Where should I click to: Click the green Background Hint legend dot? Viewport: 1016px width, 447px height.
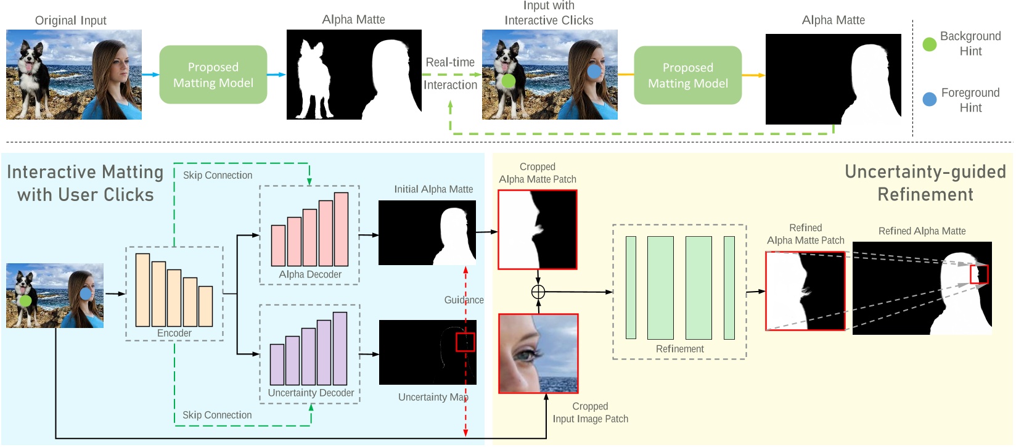929,44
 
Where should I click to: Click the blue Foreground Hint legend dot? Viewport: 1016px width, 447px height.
929,99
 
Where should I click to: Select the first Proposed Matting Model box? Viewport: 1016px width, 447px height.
213,75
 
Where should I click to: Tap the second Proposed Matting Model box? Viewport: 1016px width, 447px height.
687,75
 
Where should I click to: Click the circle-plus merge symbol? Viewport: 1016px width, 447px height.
538,292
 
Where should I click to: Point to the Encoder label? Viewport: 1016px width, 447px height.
174,333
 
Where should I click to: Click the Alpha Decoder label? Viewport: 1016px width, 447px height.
310,274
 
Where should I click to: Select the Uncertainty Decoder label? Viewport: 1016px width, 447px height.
311,393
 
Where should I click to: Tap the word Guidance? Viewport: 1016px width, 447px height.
464,300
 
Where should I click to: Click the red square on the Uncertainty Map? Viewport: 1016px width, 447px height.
465,342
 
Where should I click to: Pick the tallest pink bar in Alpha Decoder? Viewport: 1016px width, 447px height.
341,229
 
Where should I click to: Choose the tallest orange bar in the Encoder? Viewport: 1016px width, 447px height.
143,290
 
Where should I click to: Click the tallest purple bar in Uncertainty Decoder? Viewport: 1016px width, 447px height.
340,348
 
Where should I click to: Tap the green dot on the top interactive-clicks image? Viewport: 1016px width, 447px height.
508,81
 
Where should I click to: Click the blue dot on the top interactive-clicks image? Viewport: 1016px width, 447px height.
594,72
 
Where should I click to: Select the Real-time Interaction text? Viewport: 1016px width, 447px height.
450,73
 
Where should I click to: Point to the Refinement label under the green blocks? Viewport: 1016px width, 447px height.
679,349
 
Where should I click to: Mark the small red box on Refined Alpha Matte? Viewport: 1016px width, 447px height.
978,274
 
